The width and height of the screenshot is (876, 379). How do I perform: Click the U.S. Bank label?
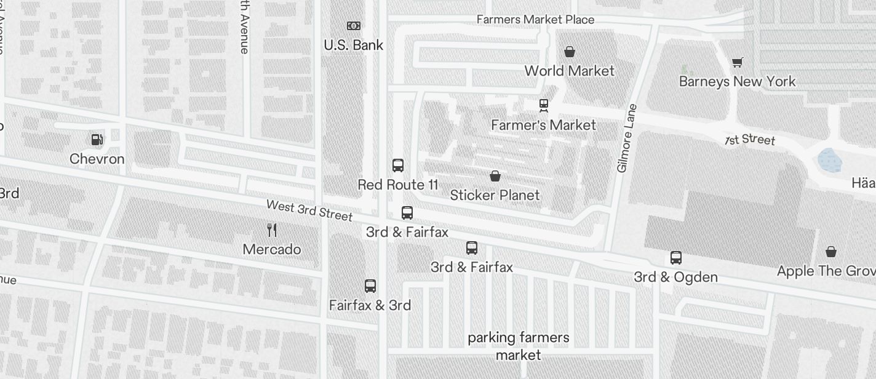353,45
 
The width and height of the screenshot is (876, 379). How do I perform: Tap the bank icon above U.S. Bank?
353,26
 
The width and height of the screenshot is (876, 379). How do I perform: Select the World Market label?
569,71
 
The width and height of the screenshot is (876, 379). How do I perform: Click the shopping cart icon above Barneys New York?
737,62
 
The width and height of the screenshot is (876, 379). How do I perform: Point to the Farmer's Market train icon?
544,106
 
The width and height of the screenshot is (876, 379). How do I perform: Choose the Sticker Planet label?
495,195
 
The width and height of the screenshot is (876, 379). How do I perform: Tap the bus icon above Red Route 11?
398,166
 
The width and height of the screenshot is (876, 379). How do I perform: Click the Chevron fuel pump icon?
97,140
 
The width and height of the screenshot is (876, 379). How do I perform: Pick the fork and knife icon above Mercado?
272,231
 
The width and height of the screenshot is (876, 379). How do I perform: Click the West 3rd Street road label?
309,210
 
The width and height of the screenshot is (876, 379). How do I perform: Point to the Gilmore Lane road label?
627,138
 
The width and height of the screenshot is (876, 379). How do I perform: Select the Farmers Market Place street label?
535,20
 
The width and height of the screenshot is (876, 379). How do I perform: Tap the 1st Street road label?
749,140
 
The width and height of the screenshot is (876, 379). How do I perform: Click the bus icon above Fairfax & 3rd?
370,286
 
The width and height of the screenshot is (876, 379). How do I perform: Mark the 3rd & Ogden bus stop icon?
675,258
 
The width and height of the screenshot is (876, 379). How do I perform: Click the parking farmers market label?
519,346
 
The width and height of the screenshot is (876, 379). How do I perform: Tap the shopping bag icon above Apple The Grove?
830,252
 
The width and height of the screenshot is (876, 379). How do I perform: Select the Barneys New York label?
737,81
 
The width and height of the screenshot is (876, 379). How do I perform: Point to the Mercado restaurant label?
272,249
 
